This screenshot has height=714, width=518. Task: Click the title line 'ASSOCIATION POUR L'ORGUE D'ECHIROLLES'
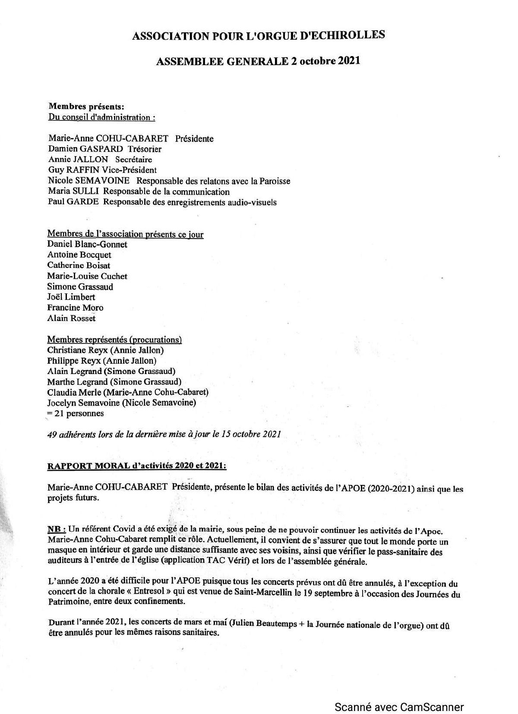tap(258, 36)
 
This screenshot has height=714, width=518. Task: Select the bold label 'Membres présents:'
tap(87, 106)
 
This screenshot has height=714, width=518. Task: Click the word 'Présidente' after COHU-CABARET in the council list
tap(194, 138)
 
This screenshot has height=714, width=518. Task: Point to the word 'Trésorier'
tap(145, 149)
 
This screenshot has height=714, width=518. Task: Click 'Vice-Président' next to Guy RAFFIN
tap(129, 170)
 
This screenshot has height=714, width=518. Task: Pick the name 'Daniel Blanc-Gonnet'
tap(87, 245)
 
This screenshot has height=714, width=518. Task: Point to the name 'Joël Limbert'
tap(71, 297)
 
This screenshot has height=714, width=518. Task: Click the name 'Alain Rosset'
tap(71, 318)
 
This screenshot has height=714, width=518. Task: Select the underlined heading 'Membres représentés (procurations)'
tap(114, 340)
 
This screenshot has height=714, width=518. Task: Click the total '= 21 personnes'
tap(76, 413)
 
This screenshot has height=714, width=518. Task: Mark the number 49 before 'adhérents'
tap(52, 434)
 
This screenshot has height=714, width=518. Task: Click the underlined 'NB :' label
tap(57, 530)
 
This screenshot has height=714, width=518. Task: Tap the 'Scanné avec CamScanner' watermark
tap(399, 695)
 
